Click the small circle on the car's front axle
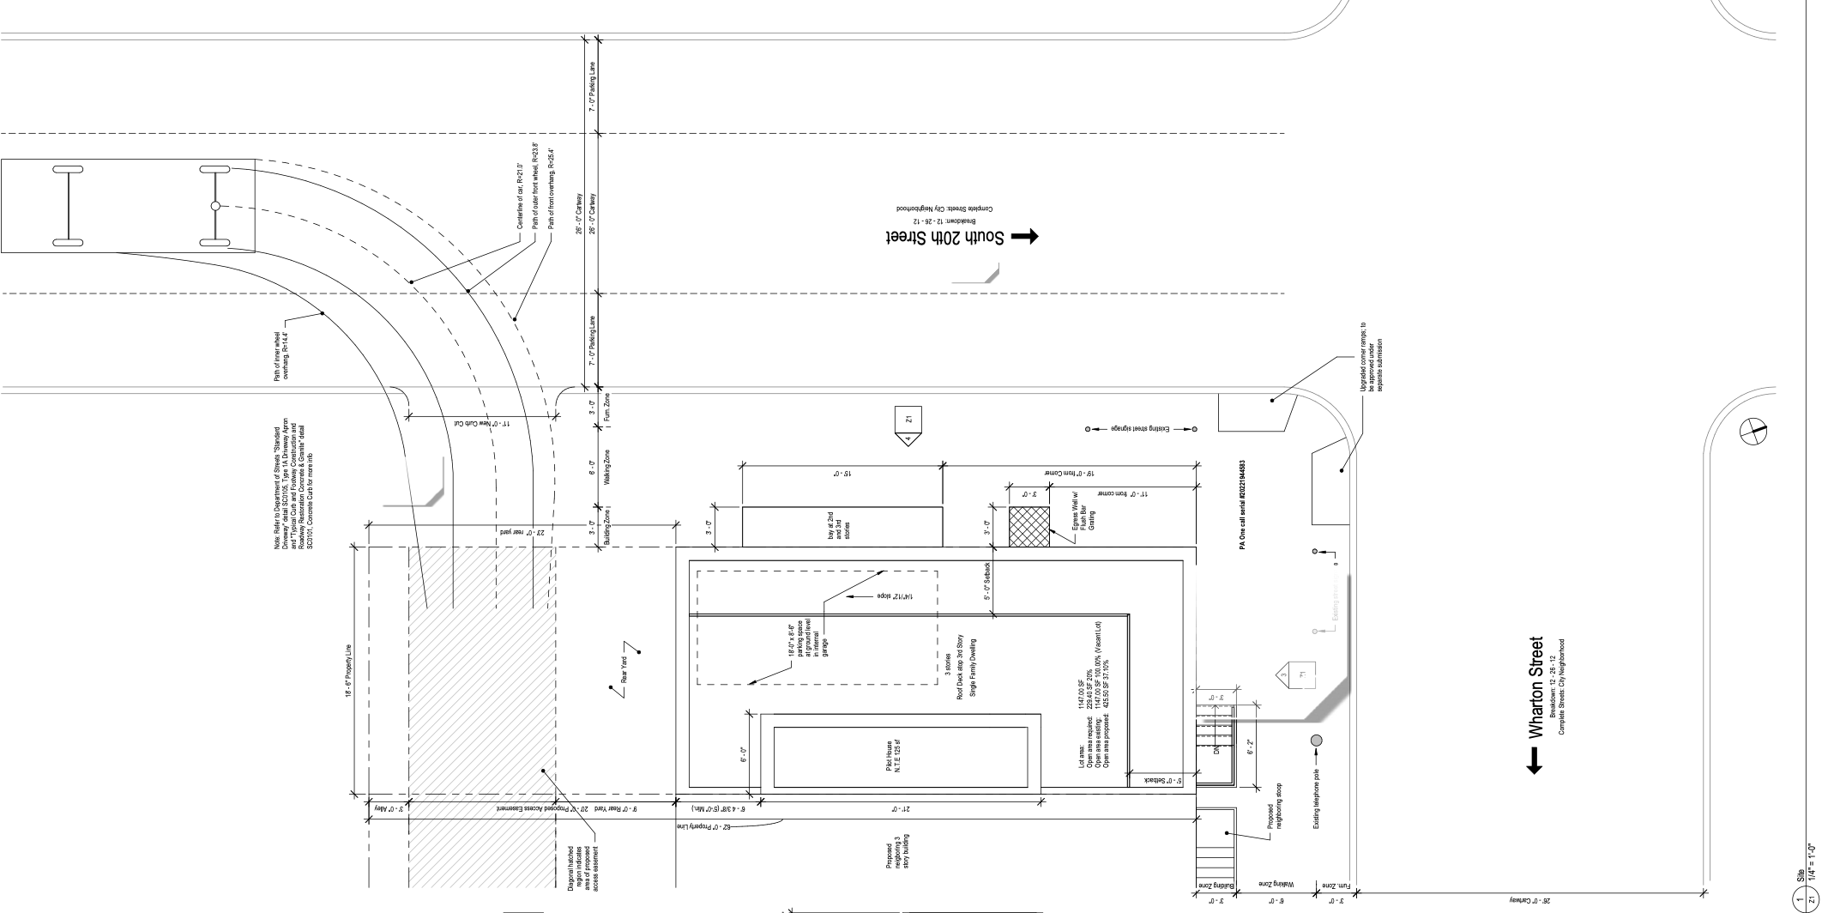[215, 206]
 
